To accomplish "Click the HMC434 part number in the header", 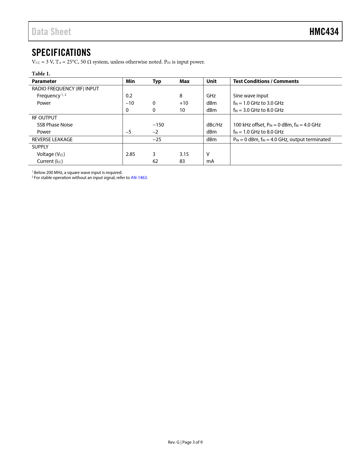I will pos(324,32).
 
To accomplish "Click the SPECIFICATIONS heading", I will pos(61,53).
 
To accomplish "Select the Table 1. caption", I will pos(41,74).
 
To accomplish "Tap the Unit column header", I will pos(211,81).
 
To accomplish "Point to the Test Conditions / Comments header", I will pos(266,81).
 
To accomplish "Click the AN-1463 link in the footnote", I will pos(139,178).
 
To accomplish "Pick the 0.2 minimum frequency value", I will pos(129,96).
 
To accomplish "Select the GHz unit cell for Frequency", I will pos(211,96).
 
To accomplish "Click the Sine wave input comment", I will pos(250,96).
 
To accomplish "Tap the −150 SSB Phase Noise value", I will pos(158,125).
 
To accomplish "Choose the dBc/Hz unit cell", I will pos(214,125).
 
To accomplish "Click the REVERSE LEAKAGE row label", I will pos(52,140).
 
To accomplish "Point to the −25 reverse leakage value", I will pos(157,140).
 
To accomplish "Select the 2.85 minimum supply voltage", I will pos(130,154).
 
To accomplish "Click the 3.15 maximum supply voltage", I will pos(184,154).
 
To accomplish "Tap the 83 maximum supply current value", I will pos(182,161).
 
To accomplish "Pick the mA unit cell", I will pos(210,161).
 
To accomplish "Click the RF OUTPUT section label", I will pos(44,118).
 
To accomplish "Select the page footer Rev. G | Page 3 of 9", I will pos(185,442).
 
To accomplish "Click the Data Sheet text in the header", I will pos(51,32).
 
